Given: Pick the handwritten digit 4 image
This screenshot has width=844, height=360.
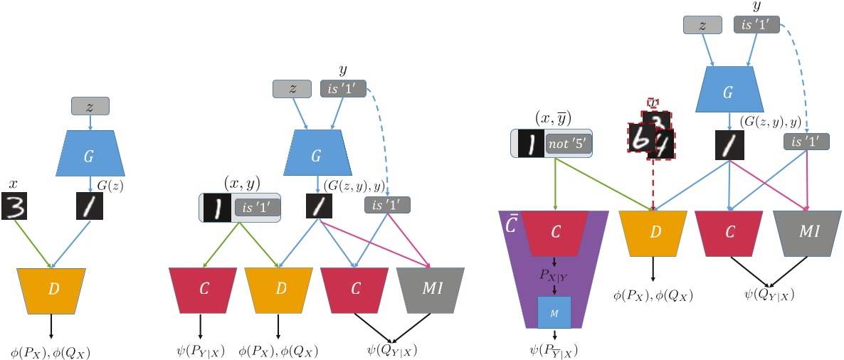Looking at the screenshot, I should coord(663,144).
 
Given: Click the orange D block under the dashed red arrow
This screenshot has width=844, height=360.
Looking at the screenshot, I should coord(653,234).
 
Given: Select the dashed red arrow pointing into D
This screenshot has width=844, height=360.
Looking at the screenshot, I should coord(653,185).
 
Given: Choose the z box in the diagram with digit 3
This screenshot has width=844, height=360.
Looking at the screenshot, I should coord(90,107).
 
